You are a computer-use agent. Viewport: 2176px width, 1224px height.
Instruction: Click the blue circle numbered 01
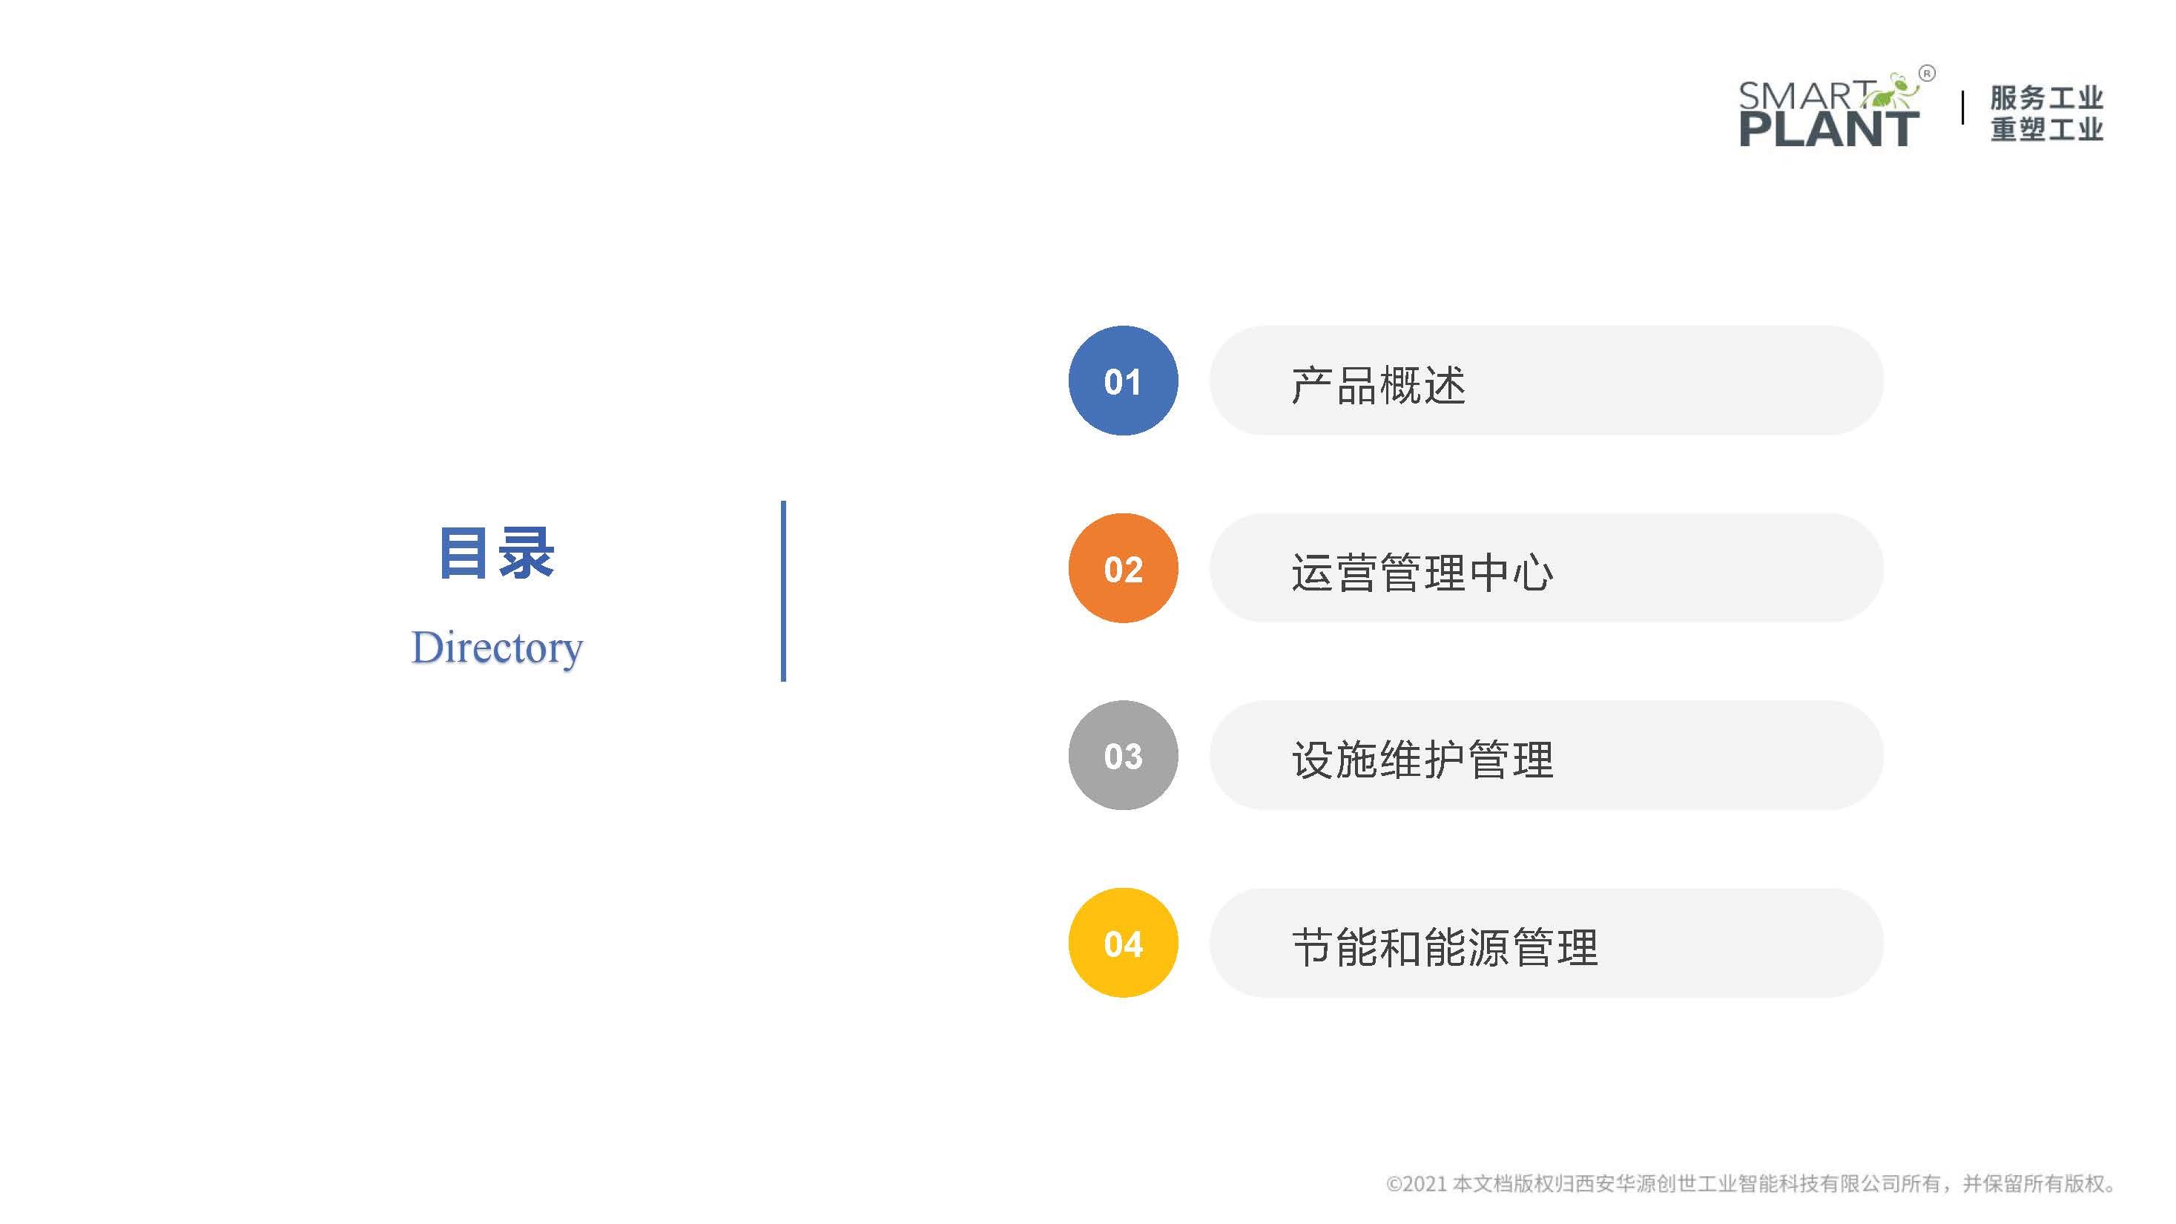1123,381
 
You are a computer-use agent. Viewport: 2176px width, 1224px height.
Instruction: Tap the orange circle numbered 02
1123,568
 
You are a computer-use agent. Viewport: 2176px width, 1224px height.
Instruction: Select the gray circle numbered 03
1123,755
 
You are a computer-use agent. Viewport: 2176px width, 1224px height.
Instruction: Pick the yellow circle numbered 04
1123,943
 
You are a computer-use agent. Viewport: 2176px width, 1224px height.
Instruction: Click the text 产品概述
1379,385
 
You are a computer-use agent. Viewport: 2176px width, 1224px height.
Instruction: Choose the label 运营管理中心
1422,573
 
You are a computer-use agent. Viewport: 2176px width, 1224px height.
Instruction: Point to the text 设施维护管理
1422,760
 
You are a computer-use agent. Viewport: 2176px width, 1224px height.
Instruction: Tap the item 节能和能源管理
1445,947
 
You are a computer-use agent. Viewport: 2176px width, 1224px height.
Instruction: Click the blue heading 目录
497,553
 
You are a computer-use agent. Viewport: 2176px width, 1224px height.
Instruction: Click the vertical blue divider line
784,591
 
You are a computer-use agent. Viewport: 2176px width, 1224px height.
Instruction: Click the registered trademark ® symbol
1927,73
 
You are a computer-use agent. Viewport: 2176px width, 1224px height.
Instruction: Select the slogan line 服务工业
2047,98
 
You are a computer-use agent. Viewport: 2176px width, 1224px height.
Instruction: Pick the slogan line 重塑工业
2047,129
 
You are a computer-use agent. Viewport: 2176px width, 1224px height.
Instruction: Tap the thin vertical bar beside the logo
1962,109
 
